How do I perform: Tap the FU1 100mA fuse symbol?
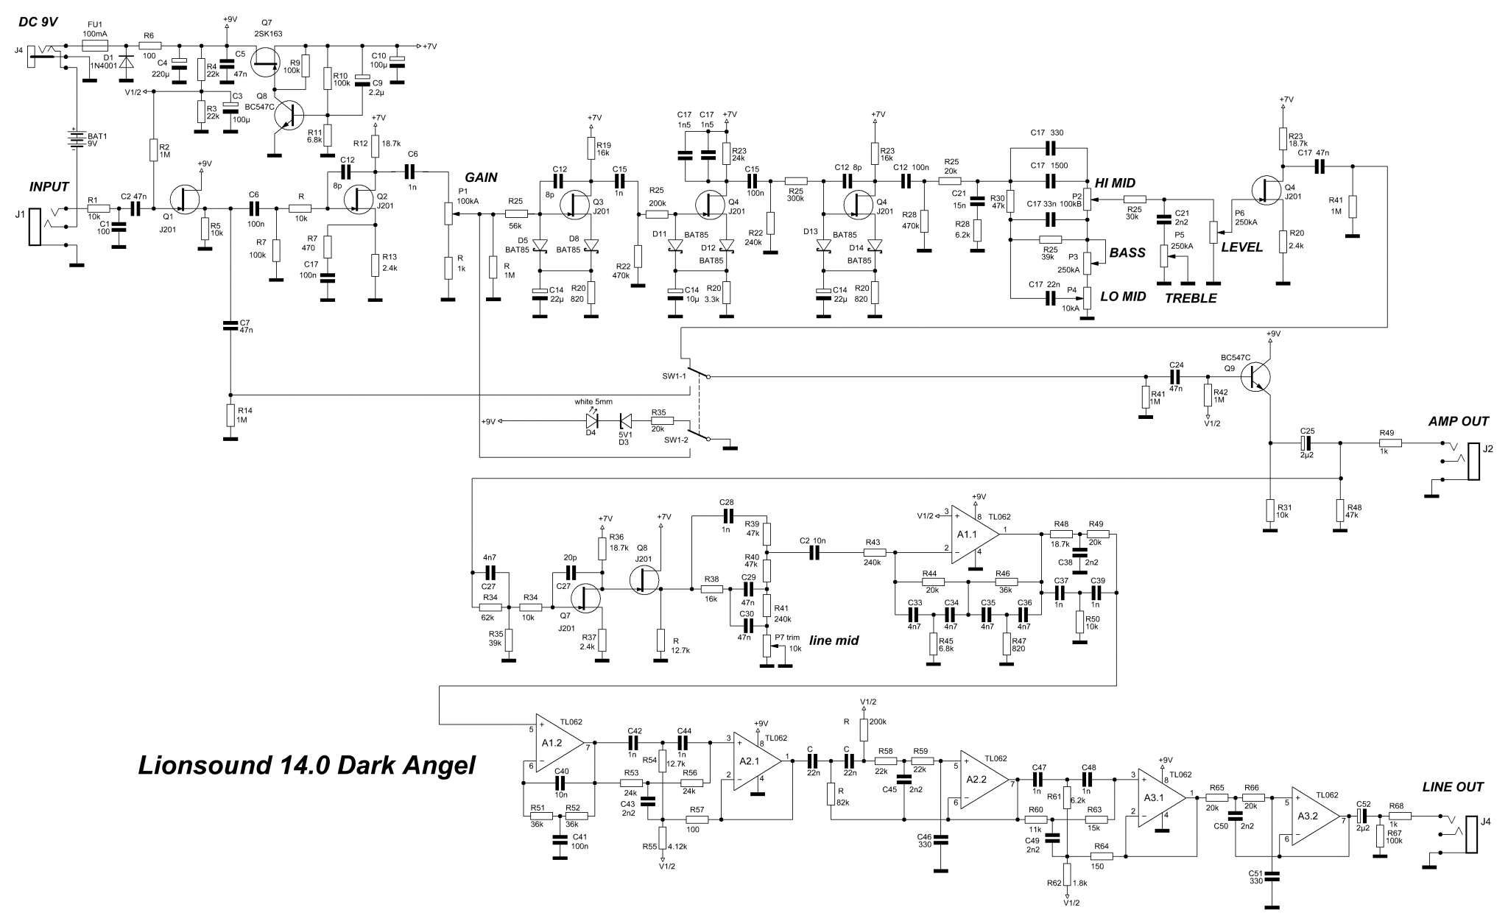pyautogui.click(x=95, y=45)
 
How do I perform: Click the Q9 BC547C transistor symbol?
pyautogui.click(x=1258, y=376)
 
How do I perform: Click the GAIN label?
pyautogui.click(x=480, y=177)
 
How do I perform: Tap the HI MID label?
pyautogui.click(x=1115, y=183)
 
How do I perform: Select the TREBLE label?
pyautogui.click(x=1190, y=298)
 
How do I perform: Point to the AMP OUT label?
pyautogui.click(x=1458, y=421)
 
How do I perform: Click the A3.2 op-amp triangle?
pyautogui.click(x=1317, y=817)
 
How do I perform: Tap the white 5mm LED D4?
pyautogui.click(x=592, y=420)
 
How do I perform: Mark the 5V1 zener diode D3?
pyautogui.click(x=624, y=420)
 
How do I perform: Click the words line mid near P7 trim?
pyautogui.click(x=834, y=641)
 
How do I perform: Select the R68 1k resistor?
pyautogui.click(x=1400, y=817)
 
